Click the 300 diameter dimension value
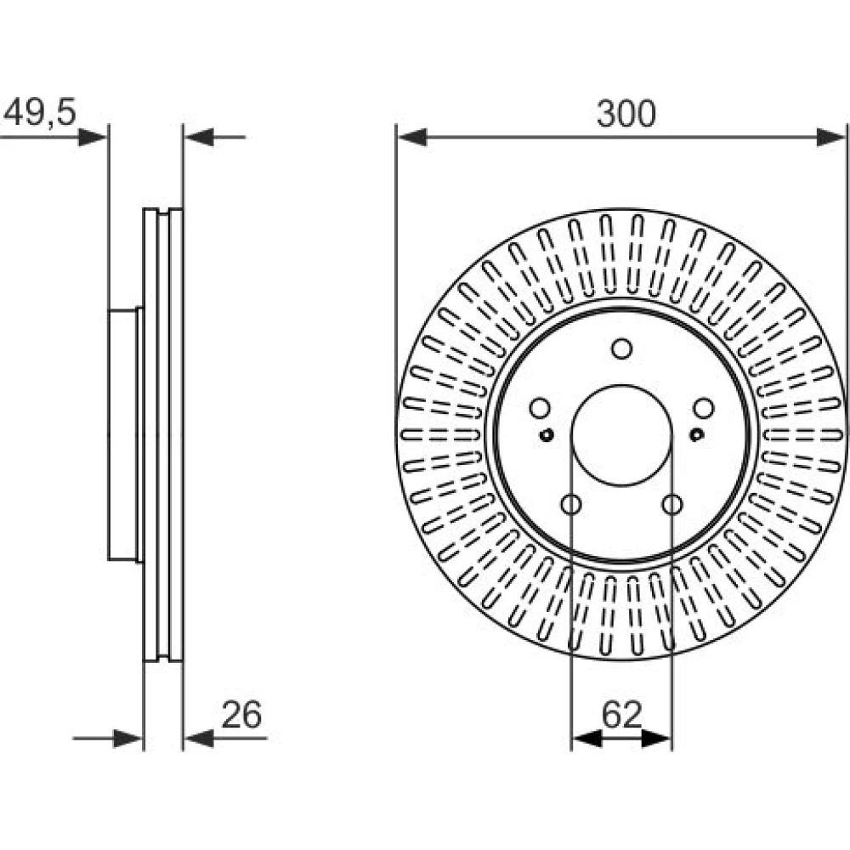coord(626,114)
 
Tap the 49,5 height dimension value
coord(40,113)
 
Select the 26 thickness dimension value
coord(241,715)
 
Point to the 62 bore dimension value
coord(622,715)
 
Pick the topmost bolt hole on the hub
coord(622,348)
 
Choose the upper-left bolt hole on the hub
coord(540,408)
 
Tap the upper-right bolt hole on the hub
coord(704,408)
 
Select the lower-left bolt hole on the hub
coord(571,505)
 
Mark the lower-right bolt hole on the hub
coord(672,505)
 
